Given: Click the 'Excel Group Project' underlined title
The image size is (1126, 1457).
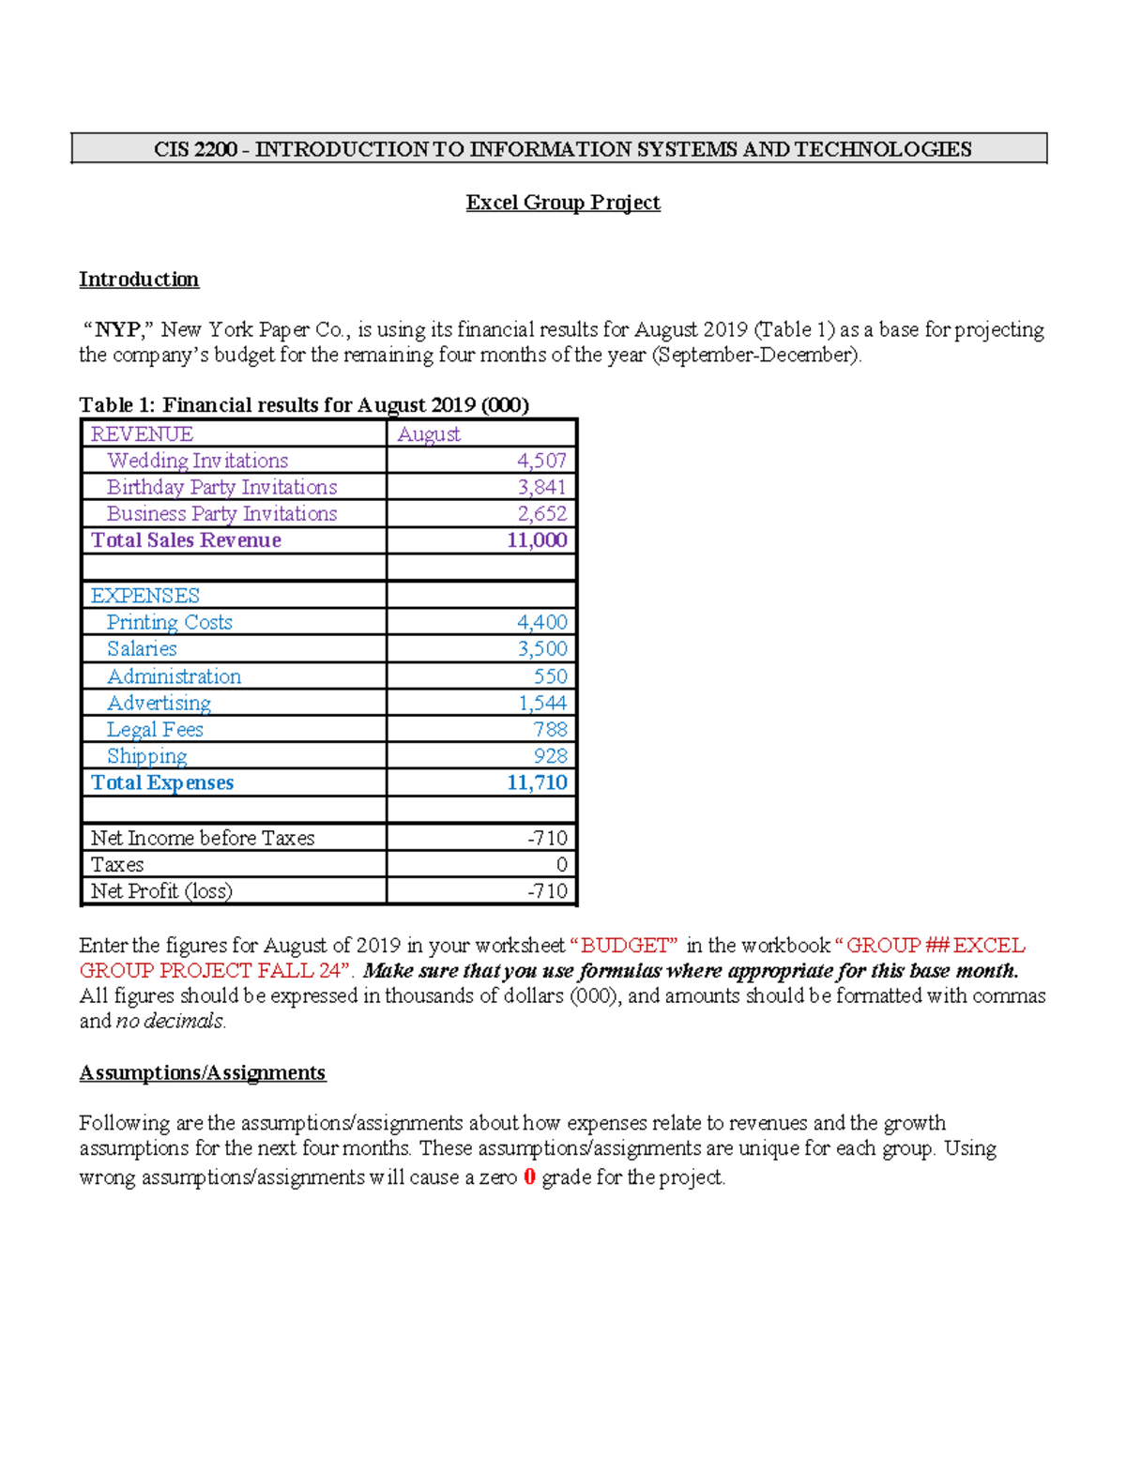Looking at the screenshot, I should pyautogui.click(x=563, y=203).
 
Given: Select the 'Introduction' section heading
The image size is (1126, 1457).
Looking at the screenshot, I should pyautogui.click(x=139, y=280).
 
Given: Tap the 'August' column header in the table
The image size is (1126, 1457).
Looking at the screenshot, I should pyautogui.click(x=429, y=433).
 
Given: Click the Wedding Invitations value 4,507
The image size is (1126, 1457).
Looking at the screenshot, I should pyautogui.click(x=541, y=461).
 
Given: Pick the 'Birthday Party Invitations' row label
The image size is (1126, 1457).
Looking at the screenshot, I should pyautogui.click(x=221, y=487).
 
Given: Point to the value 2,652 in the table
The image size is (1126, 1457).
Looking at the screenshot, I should pyautogui.click(x=541, y=514).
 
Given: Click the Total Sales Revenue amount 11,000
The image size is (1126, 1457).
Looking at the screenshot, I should pyautogui.click(x=537, y=540).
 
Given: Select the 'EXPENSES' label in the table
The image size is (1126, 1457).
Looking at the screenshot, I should pyautogui.click(x=145, y=596).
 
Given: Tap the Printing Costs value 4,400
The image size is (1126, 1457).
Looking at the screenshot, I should pyautogui.click(x=541, y=622).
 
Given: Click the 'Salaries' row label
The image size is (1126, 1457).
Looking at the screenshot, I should pyautogui.click(x=142, y=649).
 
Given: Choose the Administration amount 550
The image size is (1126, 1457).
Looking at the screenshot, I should pyautogui.click(x=550, y=676).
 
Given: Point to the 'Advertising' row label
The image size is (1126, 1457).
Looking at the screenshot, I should pyautogui.click(x=159, y=703).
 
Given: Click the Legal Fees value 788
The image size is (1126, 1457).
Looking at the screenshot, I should pyautogui.click(x=550, y=730).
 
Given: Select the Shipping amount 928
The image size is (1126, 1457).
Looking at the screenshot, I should pyautogui.click(x=550, y=756).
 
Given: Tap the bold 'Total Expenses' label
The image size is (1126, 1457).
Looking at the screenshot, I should pyautogui.click(x=162, y=783).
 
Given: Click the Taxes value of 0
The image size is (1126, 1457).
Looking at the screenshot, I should pyautogui.click(x=561, y=865).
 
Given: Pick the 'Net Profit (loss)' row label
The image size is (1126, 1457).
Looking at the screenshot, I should pyautogui.click(x=161, y=891).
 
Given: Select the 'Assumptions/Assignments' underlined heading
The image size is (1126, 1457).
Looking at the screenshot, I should pyautogui.click(x=203, y=1073).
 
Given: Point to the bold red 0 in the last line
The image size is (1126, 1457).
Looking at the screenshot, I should pyautogui.click(x=529, y=1177).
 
